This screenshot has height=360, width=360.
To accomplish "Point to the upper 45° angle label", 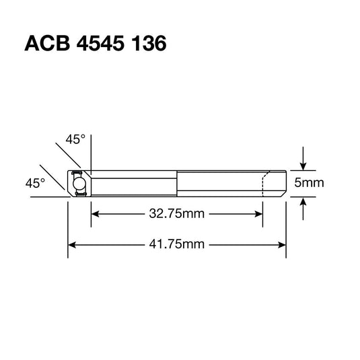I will click(x=76, y=140).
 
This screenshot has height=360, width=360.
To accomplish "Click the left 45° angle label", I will click(x=35, y=182).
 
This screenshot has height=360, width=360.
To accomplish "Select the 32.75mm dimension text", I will click(x=177, y=214).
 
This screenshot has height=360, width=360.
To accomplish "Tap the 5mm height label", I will click(x=310, y=183).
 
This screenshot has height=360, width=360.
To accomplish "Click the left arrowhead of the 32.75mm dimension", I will click(x=96, y=214).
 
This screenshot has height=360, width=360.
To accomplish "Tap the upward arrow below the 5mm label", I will click(x=304, y=205).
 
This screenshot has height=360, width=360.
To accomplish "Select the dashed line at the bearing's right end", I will click(x=264, y=184).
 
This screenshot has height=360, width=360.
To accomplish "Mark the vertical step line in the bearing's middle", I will click(x=178, y=183).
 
